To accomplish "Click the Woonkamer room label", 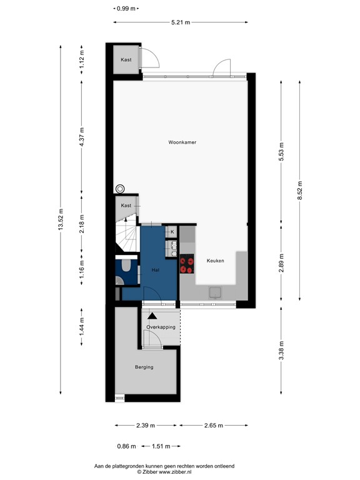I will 182,142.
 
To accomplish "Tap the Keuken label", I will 216,261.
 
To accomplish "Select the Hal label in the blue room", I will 156,270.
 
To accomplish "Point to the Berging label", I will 144,367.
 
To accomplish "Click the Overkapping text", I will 161,327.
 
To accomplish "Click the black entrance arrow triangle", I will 152,317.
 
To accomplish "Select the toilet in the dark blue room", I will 126,267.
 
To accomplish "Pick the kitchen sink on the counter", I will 216,291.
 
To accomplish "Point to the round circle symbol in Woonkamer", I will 120,189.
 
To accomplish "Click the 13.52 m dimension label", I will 61,219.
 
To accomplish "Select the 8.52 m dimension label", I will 300,188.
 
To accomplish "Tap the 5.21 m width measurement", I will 181,22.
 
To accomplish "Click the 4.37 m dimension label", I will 81,136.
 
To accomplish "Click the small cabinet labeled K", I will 172,232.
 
